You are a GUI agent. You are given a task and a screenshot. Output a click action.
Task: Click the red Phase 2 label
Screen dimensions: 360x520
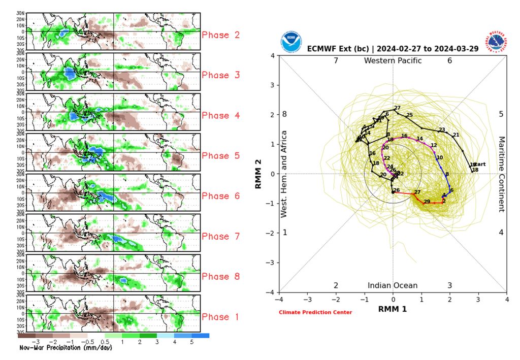[x=221, y=35]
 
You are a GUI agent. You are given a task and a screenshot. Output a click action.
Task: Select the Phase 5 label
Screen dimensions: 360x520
[x=221, y=156]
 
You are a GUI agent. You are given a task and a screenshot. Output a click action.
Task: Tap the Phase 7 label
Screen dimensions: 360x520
[x=221, y=236]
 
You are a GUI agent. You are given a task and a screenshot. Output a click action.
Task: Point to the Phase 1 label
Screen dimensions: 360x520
[x=221, y=317]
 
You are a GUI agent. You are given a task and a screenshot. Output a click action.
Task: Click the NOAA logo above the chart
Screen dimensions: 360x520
[x=291, y=41]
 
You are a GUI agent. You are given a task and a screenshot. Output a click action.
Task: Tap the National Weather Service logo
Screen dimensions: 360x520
[x=497, y=41]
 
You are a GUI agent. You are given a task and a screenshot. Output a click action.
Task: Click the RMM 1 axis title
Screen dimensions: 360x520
[x=392, y=308]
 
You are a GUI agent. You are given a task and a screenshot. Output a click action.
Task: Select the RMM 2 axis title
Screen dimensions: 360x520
[x=258, y=173]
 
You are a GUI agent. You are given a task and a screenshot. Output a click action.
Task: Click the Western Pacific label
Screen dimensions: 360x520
[x=393, y=61]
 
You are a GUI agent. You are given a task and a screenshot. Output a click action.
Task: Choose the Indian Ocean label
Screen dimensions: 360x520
[x=393, y=285]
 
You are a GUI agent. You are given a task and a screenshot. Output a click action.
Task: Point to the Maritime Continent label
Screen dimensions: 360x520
[x=501, y=174]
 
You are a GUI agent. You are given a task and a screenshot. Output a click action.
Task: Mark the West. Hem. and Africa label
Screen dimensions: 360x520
[x=284, y=174]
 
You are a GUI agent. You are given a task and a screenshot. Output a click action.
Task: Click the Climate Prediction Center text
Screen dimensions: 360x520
[x=315, y=312]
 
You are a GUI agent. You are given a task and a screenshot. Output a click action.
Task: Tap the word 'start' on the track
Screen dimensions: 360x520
[x=479, y=164]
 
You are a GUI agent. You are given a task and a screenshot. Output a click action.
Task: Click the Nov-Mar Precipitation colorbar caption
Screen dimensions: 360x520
[x=66, y=348]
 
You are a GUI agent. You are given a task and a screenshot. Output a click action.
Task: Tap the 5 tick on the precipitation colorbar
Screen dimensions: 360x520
[x=191, y=342]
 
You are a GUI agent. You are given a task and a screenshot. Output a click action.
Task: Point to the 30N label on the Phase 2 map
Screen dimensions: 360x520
[x=21, y=13]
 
